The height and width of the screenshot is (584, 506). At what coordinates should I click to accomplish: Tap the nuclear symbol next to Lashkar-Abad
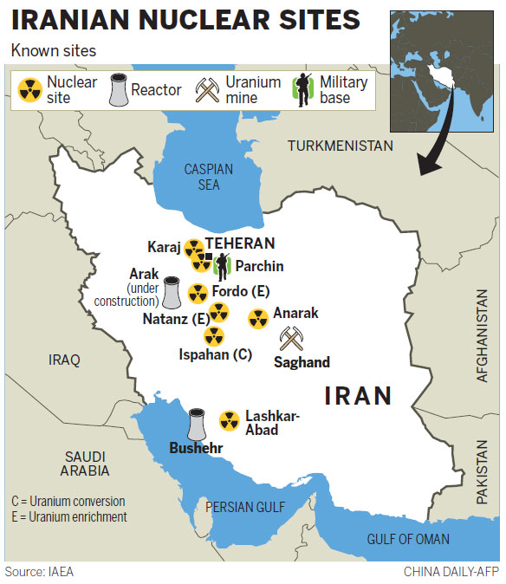click(x=229, y=421)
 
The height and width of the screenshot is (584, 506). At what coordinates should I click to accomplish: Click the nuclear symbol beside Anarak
click(x=258, y=319)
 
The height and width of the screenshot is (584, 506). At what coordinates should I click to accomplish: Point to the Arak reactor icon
click(x=172, y=294)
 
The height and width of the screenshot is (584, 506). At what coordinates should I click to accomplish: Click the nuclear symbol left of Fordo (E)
click(x=198, y=293)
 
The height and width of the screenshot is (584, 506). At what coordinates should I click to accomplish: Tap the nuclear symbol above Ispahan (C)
click(x=214, y=335)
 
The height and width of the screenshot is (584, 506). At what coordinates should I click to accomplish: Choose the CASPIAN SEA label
click(x=208, y=177)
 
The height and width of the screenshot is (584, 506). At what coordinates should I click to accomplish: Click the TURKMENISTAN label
click(x=341, y=146)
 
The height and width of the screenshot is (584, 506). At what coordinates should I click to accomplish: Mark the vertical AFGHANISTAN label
click(x=483, y=334)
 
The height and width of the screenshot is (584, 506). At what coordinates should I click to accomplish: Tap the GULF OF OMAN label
click(x=408, y=539)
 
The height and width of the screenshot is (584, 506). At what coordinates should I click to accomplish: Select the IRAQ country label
click(x=64, y=360)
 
